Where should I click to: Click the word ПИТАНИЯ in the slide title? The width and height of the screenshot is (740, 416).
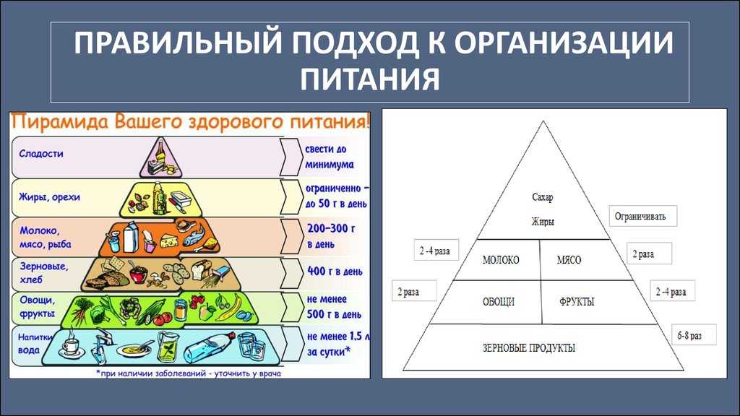pyautogui.click(x=370, y=78)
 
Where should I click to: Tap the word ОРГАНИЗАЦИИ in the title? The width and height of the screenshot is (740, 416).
pyautogui.click(x=564, y=43)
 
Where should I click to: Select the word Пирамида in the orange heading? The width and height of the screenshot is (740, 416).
pyautogui.click(x=61, y=121)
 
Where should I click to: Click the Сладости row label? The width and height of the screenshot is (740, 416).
pyautogui.click(x=41, y=154)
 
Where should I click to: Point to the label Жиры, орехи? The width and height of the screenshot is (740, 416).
pyautogui.click(x=50, y=197)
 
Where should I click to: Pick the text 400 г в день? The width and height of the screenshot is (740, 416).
pyautogui.click(x=335, y=272)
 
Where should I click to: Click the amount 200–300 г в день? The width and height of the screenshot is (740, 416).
pyautogui.click(x=330, y=236)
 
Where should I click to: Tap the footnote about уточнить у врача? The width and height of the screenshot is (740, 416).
pyautogui.click(x=189, y=373)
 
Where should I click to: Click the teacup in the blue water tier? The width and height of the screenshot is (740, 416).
pyautogui.click(x=72, y=347)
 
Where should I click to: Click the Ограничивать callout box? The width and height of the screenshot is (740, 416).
pyautogui.click(x=642, y=216)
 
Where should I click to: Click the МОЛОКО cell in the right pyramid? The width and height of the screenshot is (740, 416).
pyautogui.click(x=501, y=260)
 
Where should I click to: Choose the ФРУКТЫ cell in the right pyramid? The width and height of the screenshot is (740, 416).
pyautogui.click(x=577, y=302)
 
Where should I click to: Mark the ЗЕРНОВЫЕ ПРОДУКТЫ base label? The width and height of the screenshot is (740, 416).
pyautogui.click(x=528, y=348)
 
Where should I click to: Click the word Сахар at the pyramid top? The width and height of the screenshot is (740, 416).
pyautogui.click(x=543, y=197)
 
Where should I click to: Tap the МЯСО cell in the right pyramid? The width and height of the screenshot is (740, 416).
pyautogui.click(x=569, y=260)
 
